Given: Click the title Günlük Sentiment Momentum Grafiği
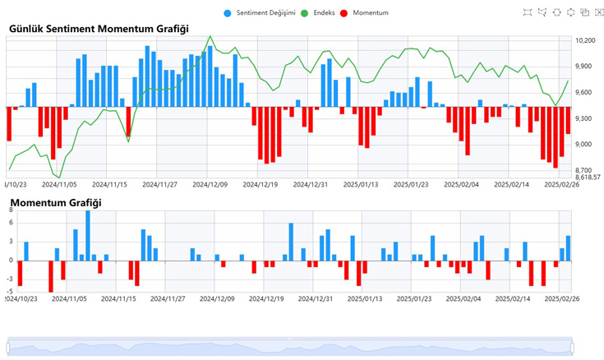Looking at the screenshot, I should (x=99, y=29).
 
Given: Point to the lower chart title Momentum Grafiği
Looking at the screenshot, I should (x=56, y=202).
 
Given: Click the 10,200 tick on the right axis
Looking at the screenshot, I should (x=585, y=40).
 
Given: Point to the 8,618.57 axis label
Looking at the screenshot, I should (x=588, y=177).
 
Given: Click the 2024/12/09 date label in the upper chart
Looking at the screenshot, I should (x=210, y=186).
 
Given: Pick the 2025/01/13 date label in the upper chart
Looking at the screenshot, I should (x=361, y=186).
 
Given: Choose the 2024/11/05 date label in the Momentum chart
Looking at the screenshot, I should (x=71, y=299).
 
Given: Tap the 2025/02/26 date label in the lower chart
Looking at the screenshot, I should (x=563, y=299).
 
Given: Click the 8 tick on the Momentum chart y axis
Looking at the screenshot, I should (x=12, y=210).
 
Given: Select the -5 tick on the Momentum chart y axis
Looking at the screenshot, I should (x=10, y=291).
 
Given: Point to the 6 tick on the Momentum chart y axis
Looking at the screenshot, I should (x=12, y=223).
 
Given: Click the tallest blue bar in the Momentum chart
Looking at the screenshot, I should (x=88, y=235).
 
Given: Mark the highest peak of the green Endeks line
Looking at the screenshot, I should (x=210, y=36).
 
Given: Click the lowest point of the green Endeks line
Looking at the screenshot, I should (x=58, y=177).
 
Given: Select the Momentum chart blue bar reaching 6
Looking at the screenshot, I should (x=291, y=242).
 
